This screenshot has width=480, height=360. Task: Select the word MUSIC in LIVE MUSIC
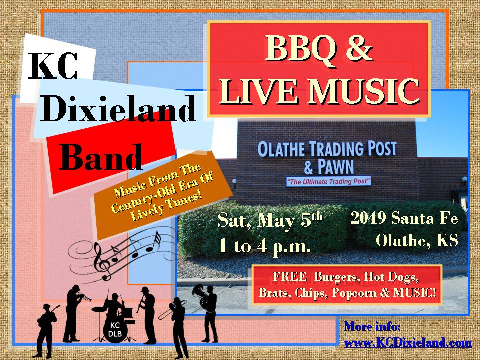point(363,91)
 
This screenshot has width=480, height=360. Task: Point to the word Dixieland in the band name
point(118,108)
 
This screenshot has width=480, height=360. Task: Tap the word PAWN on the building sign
point(336,167)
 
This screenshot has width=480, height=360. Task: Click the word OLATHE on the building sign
point(281,149)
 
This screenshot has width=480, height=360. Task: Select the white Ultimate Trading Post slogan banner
point(329,181)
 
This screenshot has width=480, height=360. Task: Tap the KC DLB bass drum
point(115,329)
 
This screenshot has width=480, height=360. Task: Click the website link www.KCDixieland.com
point(408,343)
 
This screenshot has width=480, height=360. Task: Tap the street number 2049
point(368,218)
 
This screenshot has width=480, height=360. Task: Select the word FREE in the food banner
point(289,276)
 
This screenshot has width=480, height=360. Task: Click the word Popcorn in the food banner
point(354,293)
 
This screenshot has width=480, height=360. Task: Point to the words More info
point(372,326)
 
